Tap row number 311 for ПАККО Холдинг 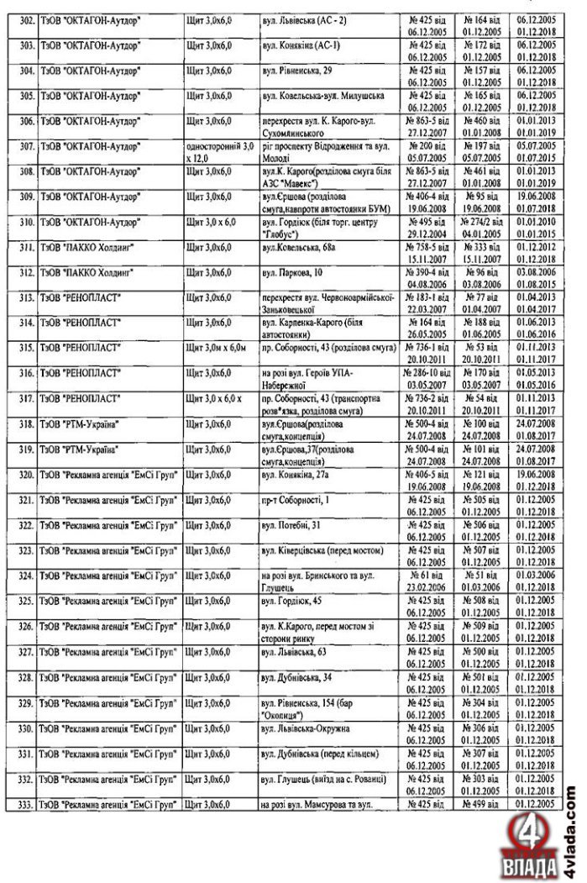(x=26, y=250)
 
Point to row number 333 (x=26, y=805)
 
